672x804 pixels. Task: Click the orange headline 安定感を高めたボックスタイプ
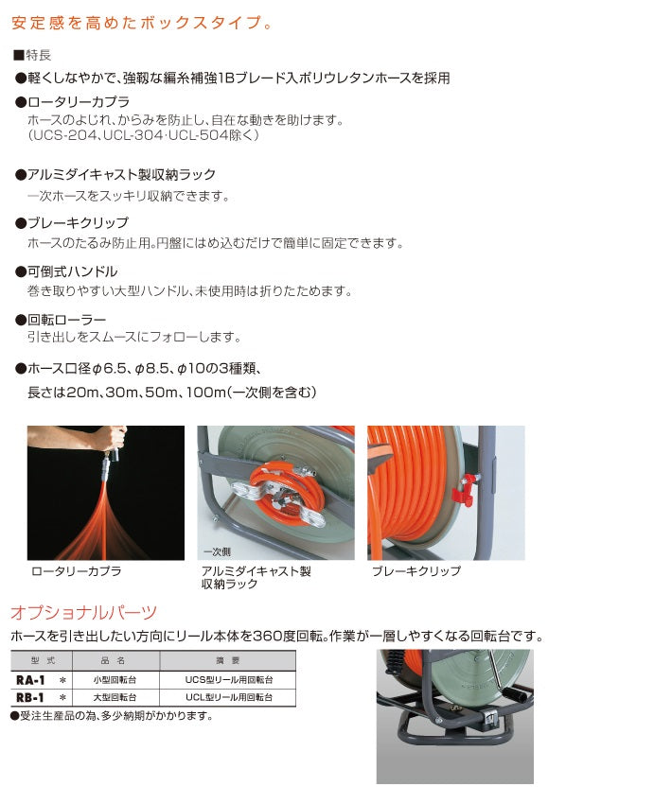[142, 21]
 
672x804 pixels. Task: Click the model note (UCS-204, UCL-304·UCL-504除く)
[143, 135]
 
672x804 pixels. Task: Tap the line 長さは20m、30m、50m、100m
[170, 392]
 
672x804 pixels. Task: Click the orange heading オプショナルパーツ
[83, 612]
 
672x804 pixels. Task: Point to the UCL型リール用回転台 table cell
[229, 696]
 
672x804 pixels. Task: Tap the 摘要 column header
[229, 662]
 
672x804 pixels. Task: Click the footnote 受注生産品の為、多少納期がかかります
[112, 715]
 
